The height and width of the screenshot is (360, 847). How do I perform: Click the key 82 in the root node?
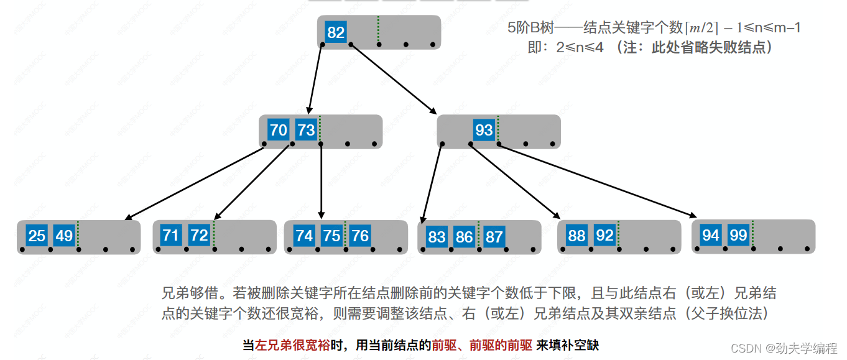tap(336, 32)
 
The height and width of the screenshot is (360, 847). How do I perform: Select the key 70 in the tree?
tap(278, 130)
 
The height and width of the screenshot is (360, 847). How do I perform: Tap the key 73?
tap(306, 130)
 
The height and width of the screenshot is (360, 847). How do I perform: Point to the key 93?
tap(483, 130)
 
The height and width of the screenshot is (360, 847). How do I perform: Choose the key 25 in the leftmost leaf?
tap(37, 236)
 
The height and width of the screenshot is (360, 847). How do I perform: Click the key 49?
tap(64, 236)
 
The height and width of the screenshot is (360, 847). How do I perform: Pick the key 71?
tap(171, 235)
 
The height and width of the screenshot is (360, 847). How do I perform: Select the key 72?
tap(199, 235)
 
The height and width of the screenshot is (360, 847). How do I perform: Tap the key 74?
tap(304, 236)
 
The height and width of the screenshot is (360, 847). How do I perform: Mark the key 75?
tap(331, 236)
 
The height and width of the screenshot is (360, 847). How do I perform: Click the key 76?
tap(359, 236)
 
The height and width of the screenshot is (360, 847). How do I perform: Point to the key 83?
tap(437, 236)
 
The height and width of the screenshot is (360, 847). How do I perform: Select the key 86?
tap(464, 236)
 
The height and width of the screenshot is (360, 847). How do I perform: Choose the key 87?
tap(494, 236)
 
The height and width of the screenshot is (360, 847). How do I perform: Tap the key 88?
tap(576, 236)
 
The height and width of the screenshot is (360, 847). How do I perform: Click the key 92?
tap(604, 236)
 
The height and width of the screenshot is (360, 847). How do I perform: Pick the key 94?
tap(711, 235)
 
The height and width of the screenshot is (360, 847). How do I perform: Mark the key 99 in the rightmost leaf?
tap(738, 235)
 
